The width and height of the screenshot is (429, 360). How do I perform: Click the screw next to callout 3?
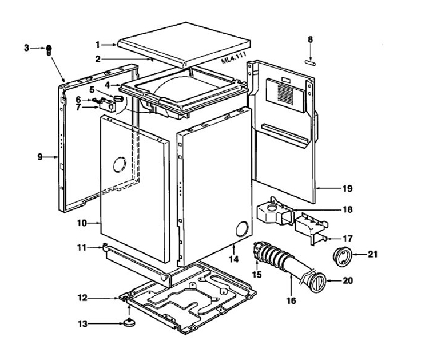[x=49, y=50]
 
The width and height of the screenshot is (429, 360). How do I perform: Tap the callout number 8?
[x=310, y=39]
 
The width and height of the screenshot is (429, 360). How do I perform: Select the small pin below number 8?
[x=311, y=63]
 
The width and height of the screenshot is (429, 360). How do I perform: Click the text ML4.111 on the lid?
[x=234, y=58]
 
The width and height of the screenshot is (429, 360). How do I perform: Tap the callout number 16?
[x=291, y=300]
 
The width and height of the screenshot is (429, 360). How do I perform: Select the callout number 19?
[x=347, y=189]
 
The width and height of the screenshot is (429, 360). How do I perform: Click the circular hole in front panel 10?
[x=120, y=165]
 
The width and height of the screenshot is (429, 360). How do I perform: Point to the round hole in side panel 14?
[x=242, y=228]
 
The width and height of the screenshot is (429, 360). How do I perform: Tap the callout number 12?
[x=82, y=298]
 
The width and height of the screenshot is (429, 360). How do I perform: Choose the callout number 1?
[x=98, y=44]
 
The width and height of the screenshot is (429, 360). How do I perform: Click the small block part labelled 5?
[x=118, y=98]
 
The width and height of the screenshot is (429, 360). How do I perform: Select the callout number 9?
[x=40, y=157]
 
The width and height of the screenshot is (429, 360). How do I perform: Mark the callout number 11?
[x=82, y=248]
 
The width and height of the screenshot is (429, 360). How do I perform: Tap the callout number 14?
[x=233, y=259]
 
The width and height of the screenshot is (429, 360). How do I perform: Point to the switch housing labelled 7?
[x=108, y=105]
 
